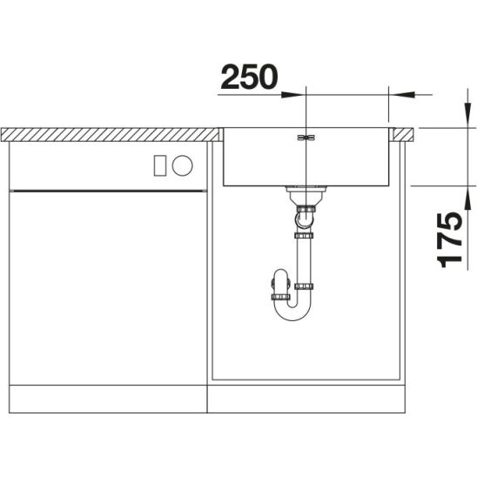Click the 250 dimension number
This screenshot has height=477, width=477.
click(249, 77)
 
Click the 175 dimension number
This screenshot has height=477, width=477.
click(450, 240)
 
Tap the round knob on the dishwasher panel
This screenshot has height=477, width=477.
click(182, 165)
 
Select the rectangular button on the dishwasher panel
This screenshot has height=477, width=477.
click(160, 165)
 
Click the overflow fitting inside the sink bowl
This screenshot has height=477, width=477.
click(306, 138)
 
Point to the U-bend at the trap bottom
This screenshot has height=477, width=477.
click(292, 310)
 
